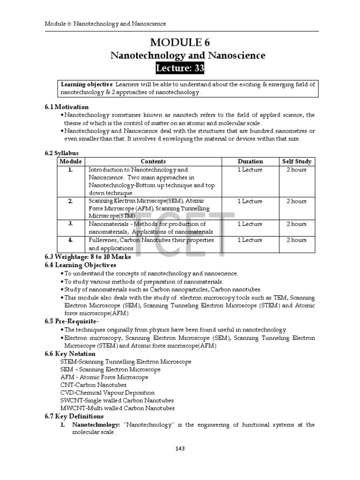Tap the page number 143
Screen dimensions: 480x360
[180, 449]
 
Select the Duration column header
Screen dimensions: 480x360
[250, 161]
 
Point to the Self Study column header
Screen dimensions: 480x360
[296, 161]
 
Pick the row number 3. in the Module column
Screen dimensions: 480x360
[70, 224]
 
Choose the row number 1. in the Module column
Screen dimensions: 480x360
[70, 170]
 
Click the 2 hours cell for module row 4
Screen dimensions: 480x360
[296, 240]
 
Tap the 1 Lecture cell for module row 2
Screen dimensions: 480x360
[250, 201]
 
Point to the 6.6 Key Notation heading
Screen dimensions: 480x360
[70, 353]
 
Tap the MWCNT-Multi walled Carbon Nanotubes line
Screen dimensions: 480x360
[117, 408]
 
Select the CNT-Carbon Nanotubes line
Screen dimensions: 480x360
[93, 385]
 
